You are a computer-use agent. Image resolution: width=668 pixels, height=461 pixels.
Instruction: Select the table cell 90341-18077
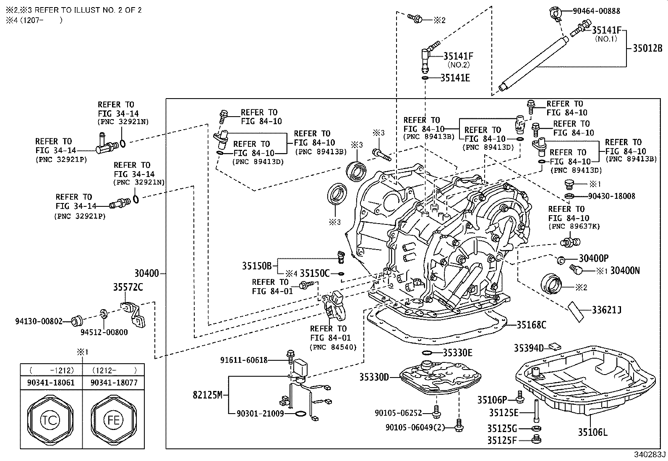[x=113, y=383]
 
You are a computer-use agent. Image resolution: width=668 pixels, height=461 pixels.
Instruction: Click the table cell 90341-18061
[x=51, y=383]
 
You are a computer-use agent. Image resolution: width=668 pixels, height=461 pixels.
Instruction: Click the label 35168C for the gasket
[x=531, y=325]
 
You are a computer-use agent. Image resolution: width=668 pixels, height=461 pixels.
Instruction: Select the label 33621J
[x=606, y=310]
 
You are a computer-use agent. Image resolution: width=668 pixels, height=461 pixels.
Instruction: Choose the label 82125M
[x=208, y=395]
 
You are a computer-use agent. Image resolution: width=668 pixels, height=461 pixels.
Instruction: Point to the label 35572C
[x=128, y=287]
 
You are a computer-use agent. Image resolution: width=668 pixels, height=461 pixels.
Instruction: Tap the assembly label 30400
[x=147, y=273]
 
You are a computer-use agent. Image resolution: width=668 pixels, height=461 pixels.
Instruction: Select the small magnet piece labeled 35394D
[x=555, y=346]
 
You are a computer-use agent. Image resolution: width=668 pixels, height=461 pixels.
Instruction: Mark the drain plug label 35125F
[x=502, y=440]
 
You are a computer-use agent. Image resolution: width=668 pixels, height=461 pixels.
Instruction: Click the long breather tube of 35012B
[x=533, y=63]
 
